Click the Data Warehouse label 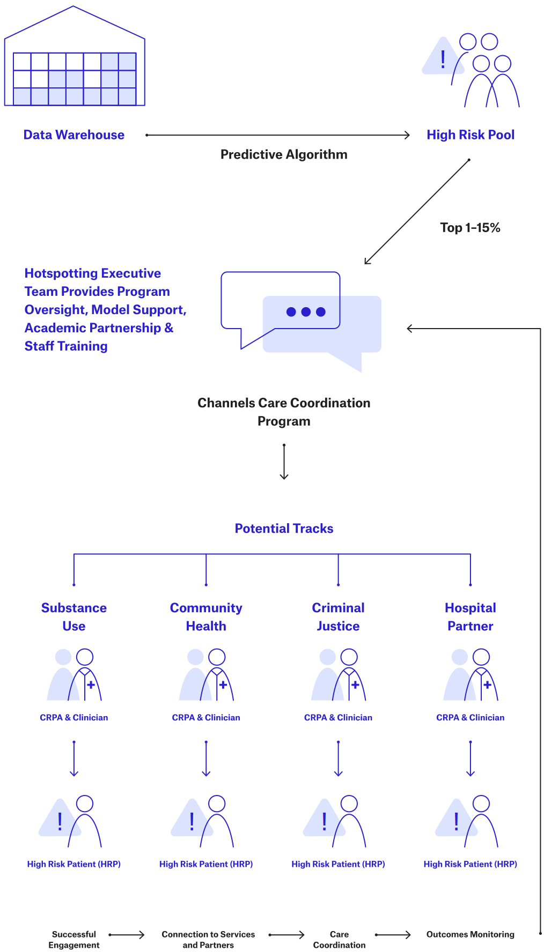pyautogui.click(x=74, y=135)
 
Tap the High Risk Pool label pyautogui.click(x=471, y=135)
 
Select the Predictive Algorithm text pyautogui.click(x=284, y=154)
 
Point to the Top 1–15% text pyautogui.click(x=470, y=228)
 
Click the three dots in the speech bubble pyautogui.click(x=306, y=312)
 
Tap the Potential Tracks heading pyautogui.click(x=284, y=529)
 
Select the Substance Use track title pyautogui.click(x=74, y=617)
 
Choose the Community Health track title pyautogui.click(x=206, y=617)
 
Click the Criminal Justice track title pyautogui.click(x=338, y=617)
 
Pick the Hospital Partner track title pyautogui.click(x=470, y=617)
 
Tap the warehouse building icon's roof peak pyautogui.click(x=73, y=8)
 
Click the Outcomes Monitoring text pyautogui.click(x=470, y=934)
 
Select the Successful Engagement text pyautogui.click(x=74, y=940)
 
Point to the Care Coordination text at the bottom pyautogui.click(x=339, y=940)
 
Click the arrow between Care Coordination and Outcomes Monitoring pyautogui.click(x=393, y=935)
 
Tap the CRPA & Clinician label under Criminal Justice pyautogui.click(x=338, y=717)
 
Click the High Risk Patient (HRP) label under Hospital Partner pyautogui.click(x=470, y=864)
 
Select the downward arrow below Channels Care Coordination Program pyautogui.click(x=284, y=461)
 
